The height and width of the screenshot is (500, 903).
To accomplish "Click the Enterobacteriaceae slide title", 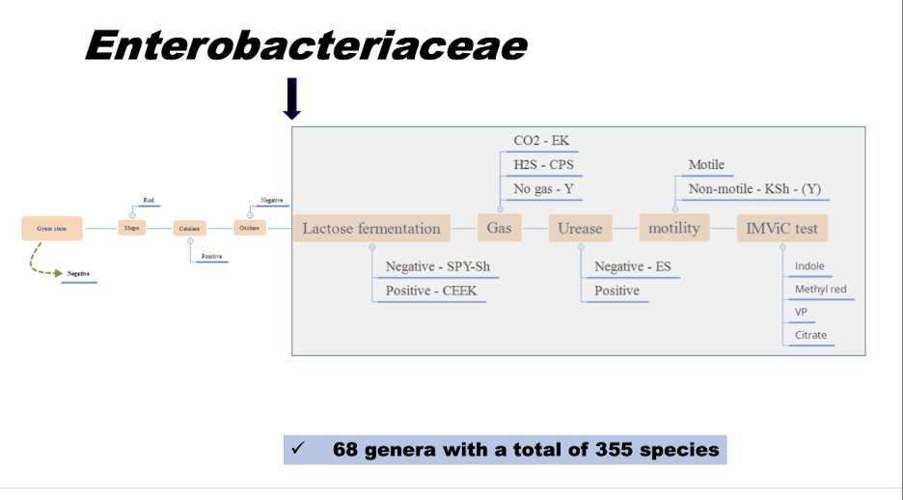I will (x=306, y=45).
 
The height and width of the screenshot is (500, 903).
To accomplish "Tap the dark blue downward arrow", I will (x=292, y=98).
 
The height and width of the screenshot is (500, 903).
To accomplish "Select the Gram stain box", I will (x=52, y=229).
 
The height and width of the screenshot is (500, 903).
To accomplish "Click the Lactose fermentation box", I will (x=371, y=229).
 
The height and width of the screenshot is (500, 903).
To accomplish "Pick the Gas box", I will (x=499, y=229).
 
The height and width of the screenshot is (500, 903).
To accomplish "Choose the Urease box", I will (x=580, y=229).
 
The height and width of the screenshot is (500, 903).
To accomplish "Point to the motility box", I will (x=674, y=229).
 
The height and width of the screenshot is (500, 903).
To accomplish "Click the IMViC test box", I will (x=781, y=229).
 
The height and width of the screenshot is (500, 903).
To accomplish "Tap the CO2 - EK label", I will (x=541, y=141).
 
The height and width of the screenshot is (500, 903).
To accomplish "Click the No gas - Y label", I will (x=543, y=189).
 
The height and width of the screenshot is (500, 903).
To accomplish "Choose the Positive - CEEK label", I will (x=430, y=291).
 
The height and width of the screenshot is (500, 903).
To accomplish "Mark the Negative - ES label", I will (x=632, y=266).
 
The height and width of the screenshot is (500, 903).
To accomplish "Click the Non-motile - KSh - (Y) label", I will (x=754, y=189).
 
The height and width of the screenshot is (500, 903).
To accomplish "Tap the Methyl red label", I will (x=820, y=290).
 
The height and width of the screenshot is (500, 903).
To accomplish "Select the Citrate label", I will (x=810, y=336).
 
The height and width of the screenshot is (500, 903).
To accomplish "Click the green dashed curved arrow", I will (x=41, y=263).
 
